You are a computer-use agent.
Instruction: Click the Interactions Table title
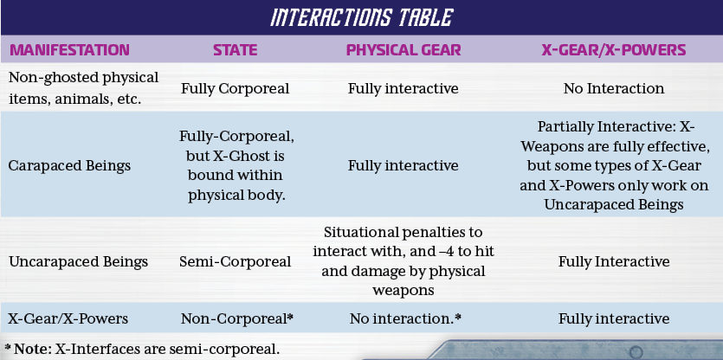362,18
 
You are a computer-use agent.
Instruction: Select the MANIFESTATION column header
69,50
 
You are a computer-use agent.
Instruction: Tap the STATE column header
236,50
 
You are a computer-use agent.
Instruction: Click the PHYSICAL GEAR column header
403,50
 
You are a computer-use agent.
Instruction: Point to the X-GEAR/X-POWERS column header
614,50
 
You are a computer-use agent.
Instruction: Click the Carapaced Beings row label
69,165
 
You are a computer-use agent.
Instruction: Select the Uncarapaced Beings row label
78,262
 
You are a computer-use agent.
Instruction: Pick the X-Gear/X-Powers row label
68,318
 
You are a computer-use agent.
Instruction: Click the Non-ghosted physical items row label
83,87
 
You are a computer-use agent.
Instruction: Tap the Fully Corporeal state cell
236,88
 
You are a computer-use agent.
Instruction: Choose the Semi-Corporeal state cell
236,262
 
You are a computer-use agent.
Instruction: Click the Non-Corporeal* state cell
237,318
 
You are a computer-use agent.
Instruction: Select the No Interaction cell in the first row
614,88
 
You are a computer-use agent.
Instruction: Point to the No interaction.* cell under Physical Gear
406,318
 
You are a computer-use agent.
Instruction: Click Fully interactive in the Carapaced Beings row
403,165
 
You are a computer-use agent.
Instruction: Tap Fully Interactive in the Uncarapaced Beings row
614,262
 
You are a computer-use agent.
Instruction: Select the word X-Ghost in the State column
236,156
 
